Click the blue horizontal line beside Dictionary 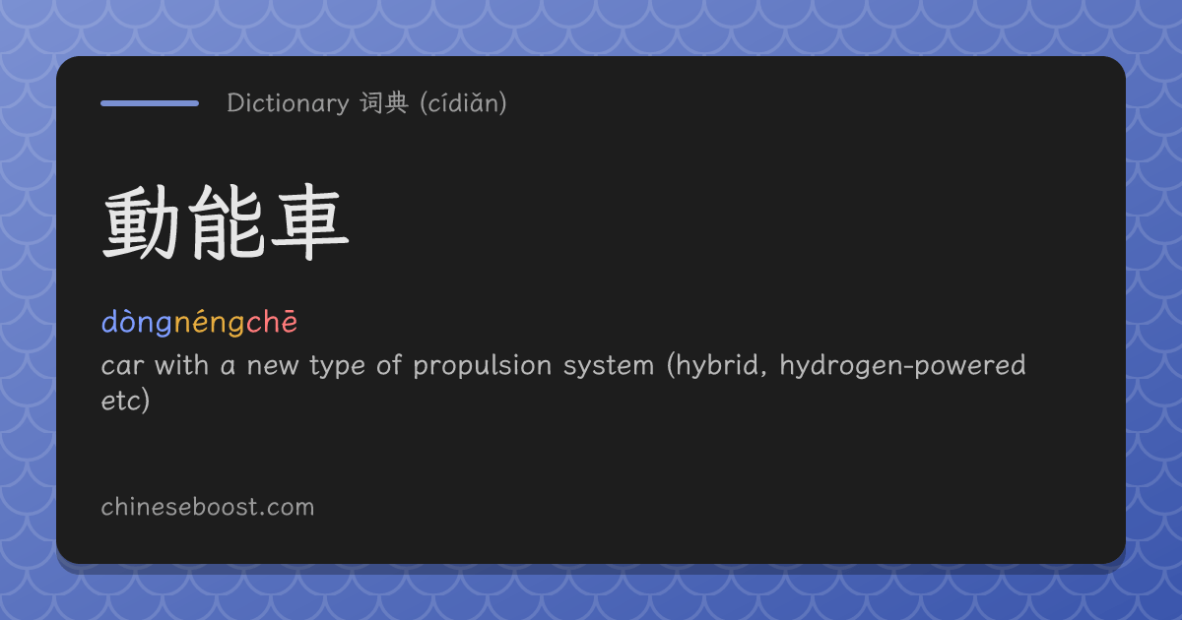(150, 103)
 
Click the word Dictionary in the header (288, 102)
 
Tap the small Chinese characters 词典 (384, 102)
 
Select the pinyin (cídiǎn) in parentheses (463, 102)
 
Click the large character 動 (141, 222)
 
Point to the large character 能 (227, 222)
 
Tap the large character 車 (310, 222)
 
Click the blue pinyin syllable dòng (137, 322)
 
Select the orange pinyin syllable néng (210, 322)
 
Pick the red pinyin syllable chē (272, 322)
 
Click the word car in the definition (122, 365)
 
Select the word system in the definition (609, 366)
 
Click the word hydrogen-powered (903, 365)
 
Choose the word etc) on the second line (126, 401)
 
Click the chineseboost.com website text (208, 507)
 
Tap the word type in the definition (337, 366)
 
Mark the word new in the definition (273, 366)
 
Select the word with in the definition (181, 365)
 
